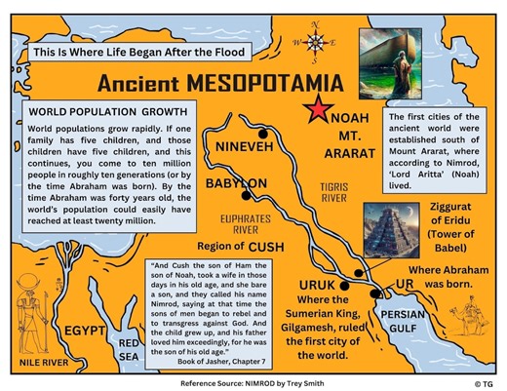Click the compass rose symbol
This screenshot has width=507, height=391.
coord(317,42)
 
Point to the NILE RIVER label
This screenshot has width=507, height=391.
coord(46,363)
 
